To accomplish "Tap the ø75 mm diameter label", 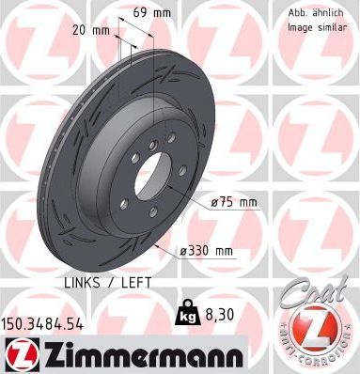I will point(232,203).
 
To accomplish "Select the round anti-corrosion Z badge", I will point(315,332).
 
